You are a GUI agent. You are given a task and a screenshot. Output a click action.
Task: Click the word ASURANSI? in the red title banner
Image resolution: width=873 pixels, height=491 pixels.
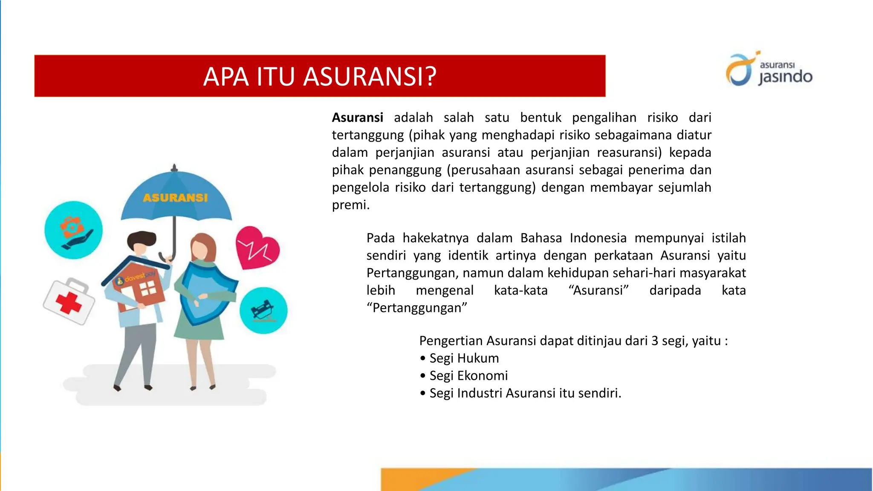(x=370, y=77)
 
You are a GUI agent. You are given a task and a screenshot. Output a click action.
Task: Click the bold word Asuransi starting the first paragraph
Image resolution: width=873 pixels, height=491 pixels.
(x=357, y=118)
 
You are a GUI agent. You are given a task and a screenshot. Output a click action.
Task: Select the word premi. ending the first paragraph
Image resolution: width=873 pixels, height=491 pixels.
(x=351, y=205)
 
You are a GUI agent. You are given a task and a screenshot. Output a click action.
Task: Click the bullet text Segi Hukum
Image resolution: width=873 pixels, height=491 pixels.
(x=464, y=358)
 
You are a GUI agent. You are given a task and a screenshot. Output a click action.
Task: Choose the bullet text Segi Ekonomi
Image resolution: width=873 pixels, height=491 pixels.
(x=468, y=376)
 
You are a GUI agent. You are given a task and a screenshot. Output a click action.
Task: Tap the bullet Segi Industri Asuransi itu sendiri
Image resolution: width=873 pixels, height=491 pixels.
(x=525, y=393)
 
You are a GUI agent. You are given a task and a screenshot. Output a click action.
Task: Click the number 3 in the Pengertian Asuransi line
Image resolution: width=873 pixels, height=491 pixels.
(x=655, y=341)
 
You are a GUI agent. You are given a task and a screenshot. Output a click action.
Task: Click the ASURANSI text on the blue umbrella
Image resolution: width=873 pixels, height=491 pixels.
(x=175, y=198)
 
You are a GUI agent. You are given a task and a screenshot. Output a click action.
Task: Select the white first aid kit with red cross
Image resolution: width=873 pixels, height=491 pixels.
(x=69, y=301)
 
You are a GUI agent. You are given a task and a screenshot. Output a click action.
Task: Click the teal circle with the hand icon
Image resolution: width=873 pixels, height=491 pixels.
(x=73, y=230)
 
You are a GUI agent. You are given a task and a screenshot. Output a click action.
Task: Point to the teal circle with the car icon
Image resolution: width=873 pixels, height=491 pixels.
(x=263, y=310)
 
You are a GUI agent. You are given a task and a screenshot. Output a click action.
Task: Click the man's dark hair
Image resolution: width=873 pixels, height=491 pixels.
(x=142, y=240)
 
